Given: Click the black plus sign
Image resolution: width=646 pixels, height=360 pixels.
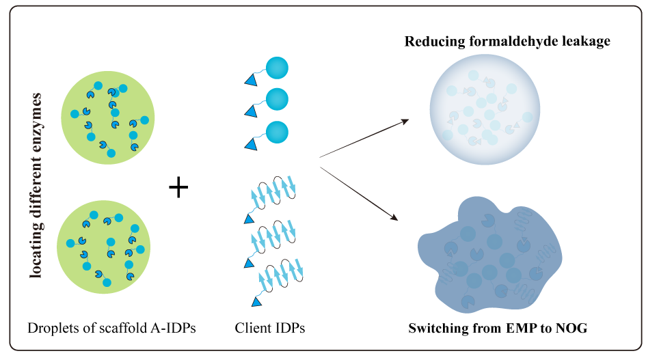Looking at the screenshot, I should (178, 186).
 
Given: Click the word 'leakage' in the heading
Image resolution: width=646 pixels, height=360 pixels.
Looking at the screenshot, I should (587, 42).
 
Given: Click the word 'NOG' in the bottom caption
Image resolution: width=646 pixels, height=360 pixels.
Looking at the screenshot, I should (573, 328).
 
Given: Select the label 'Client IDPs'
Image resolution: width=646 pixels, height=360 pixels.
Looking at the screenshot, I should (269, 328).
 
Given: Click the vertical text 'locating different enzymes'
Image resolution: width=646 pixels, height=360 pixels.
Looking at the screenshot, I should (37, 186).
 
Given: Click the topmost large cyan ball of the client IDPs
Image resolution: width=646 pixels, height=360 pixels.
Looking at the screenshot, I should (277, 68).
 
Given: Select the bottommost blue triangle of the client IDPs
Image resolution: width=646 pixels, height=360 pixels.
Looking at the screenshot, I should (256, 302).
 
